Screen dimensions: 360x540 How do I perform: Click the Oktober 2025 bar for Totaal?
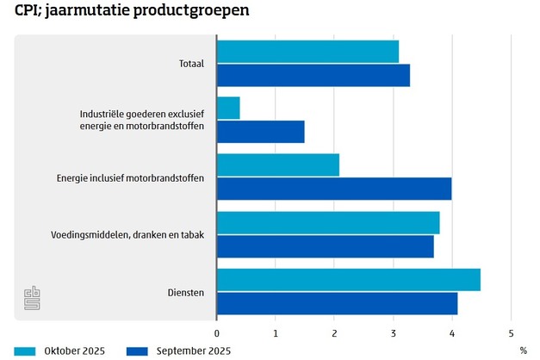tap(307, 51)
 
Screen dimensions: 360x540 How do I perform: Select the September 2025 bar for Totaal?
tap(313, 75)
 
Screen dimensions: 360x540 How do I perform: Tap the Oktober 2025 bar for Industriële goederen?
tap(228, 108)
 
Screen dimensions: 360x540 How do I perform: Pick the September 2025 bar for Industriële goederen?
tap(260, 132)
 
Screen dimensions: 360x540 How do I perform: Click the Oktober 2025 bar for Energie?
tap(277, 164)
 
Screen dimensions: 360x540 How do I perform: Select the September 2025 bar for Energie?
tap(333, 189)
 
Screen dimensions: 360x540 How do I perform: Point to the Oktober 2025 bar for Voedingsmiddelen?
tap(327, 222)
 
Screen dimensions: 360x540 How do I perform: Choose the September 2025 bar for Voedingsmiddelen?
tap(325, 246)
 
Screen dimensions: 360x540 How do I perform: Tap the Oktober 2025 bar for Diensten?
tap(348, 280)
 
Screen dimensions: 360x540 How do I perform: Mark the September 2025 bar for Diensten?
tap(337, 303)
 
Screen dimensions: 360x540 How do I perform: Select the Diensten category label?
tap(186, 293)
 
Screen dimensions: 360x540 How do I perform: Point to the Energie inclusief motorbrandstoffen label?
tap(130, 178)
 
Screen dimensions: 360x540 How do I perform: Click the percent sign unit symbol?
tap(522, 351)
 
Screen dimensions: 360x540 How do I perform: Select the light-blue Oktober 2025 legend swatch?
tap(25, 351)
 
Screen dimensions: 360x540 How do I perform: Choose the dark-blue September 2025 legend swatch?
tap(138, 351)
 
